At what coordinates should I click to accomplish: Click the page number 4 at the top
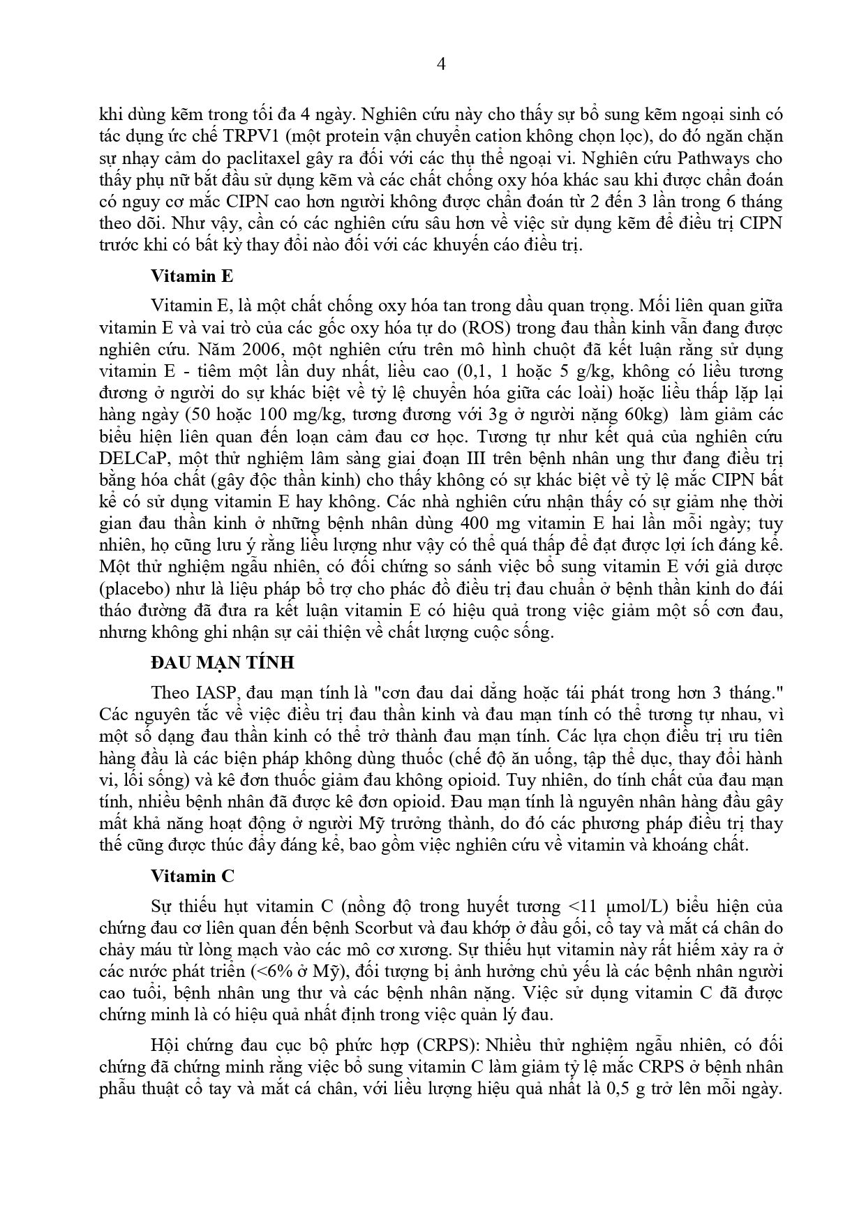(x=440, y=64)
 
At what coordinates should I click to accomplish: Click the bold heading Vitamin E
(x=192, y=276)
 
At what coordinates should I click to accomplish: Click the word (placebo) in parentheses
(x=134, y=588)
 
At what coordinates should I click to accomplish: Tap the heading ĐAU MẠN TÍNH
(x=223, y=662)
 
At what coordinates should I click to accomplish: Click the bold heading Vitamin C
(x=193, y=876)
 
